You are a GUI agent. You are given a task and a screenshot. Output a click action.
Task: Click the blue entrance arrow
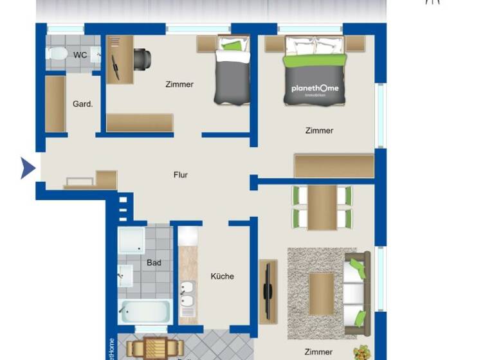[27, 168]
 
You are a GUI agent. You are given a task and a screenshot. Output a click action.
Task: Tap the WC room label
[80, 55]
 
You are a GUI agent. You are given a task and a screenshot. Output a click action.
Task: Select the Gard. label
[82, 104]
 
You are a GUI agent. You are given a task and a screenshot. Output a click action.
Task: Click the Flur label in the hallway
[181, 175]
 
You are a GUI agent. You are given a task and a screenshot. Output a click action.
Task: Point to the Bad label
[154, 263]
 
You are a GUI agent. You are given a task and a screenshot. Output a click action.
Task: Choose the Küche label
[223, 276]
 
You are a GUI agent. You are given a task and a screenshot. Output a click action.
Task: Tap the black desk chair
[142, 59]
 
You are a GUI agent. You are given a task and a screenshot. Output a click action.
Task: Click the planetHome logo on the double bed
[315, 89]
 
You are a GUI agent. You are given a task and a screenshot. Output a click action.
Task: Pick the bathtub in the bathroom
[145, 312]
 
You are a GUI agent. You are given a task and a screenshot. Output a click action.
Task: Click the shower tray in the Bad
[132, 240]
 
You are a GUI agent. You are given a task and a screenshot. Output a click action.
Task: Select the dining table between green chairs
[322, 207]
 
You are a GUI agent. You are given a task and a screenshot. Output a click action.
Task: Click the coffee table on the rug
[322, 293]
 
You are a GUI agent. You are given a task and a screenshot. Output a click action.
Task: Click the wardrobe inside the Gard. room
[55, 104]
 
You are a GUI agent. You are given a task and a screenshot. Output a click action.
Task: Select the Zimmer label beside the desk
[179, 84]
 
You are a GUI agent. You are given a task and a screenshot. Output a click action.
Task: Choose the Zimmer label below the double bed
[320, 130]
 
